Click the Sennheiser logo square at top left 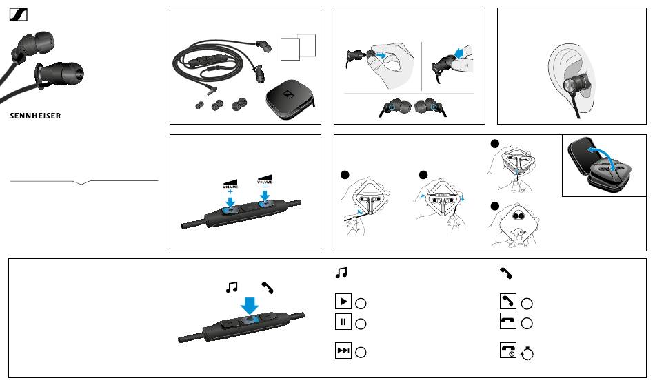pyautogui.click(x=19, y=15)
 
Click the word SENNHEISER pyautogui.click(x=35, y=116)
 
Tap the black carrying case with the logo pyautogui.click(x=290, y=99)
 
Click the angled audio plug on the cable pyautogui.click(x=212, y=88)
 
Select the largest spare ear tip pyautogui.click(x=240, y=104)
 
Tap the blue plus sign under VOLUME pyautogui.click(x=230, y=192)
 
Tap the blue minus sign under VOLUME pyautogui.click(x=265, y=187)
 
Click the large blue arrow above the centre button pyautogui.click(x=250, y=306)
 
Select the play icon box pyautogui.click(x=343, y=302)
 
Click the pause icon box pyautogui.click(x=343, y=322)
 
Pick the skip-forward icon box pyautogui.click(x=343, y=351)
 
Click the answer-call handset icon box pyautogui.click(x=508, y=301)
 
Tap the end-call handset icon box pyautogui.click(x=508, y=321)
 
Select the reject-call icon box pyautogui.click(x=508, y=351)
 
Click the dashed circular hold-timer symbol pyautogui.click(x=527, y=354)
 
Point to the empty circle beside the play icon pyautogui.click(x=361, y=304)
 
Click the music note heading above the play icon pyautogui.click(x=341, y=273)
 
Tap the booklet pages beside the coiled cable pyautogui.click(x=299, y=47)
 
